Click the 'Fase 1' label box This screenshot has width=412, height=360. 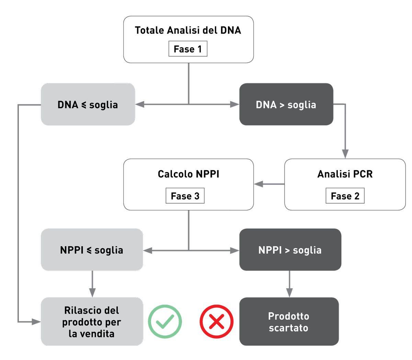tap(188, 49)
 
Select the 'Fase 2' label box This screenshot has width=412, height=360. tap(345, 196)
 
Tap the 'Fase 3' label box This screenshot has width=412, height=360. tap(185, 196)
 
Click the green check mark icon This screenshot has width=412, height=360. tap(165, 322)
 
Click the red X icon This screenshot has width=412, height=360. tap(217, 322)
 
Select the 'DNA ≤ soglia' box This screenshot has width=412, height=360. tap(88, 104)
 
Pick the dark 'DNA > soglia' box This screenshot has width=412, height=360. tap(286, 104)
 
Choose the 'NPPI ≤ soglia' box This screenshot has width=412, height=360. tap(92, 250)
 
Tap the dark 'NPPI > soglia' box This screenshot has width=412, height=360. tap(290, 250)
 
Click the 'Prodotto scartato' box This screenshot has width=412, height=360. tap(289, 322)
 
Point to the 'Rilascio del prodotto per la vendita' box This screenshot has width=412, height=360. tap(92, 322)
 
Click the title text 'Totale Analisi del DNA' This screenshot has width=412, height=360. tap(188, 30)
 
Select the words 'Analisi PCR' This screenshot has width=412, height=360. tap(345, 174)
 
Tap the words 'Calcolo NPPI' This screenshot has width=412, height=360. tap(188, 174)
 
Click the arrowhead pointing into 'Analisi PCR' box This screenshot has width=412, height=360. tap(345, 154)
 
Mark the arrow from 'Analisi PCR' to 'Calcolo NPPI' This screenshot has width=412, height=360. tap(269, 184)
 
